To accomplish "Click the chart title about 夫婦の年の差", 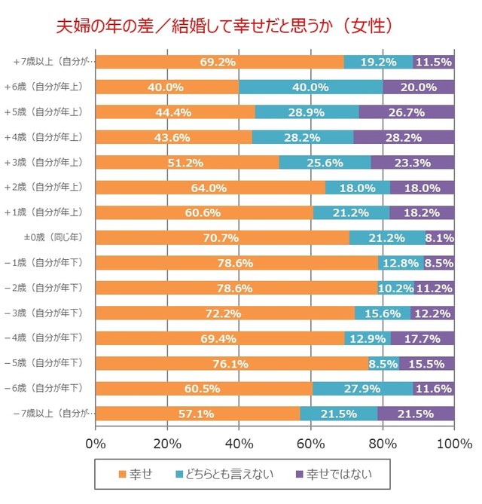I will [225, 26].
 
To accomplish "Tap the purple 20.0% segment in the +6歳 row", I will [419, 87].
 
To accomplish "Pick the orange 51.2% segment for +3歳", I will [188, 162].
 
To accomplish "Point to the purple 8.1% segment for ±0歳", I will [439, 238].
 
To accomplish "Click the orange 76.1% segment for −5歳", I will [232, 363].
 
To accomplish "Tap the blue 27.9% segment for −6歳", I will [362, 388].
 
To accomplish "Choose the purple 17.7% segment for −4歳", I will [423, 338].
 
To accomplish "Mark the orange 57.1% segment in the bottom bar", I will [198, 414].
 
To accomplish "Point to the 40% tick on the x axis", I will [239, 442].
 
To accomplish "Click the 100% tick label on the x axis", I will [454, 442].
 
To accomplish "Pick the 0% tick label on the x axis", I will [96, 442].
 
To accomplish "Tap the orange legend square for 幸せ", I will [123, 475].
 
